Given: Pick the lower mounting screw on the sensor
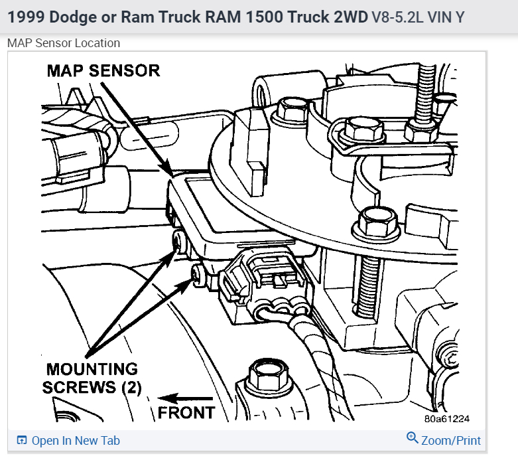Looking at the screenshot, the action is [196, 273].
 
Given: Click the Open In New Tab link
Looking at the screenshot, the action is [76, 440].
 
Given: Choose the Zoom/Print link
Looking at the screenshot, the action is [451, 440].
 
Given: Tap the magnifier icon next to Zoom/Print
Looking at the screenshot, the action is [412, 438].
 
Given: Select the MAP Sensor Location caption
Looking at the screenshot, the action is [64, 43].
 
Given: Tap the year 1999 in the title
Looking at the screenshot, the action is [25, 17].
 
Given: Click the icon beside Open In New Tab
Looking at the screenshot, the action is [22, 440].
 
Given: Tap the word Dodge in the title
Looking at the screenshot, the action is [73, 17].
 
